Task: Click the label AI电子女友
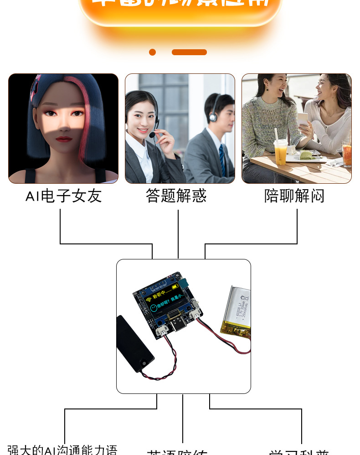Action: pyautogui.click(x=63, y=196)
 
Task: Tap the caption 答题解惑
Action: pyautogui.click(x=176, y=196)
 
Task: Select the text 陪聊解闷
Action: pyautogui.click(x=294, y=196)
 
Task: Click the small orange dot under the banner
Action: pyautogui.click(x=152, y=52)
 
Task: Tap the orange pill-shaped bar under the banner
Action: pyautogui.click(x=189, y=52)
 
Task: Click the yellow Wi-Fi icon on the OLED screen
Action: pyautogui.click(x=149, y=300)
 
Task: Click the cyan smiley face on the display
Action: pyautogui.click(x=154, y=308)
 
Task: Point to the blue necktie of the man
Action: pyautogui.click(x=222, y=160)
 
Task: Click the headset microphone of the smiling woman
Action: pyautogui.click(x=152, y=135)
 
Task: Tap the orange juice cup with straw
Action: pyautogui.click(x=280, y=153)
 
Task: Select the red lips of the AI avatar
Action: pyautogui.click(x=63, y=139)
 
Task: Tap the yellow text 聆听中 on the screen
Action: pyautogui.click(x=159, y=295)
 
